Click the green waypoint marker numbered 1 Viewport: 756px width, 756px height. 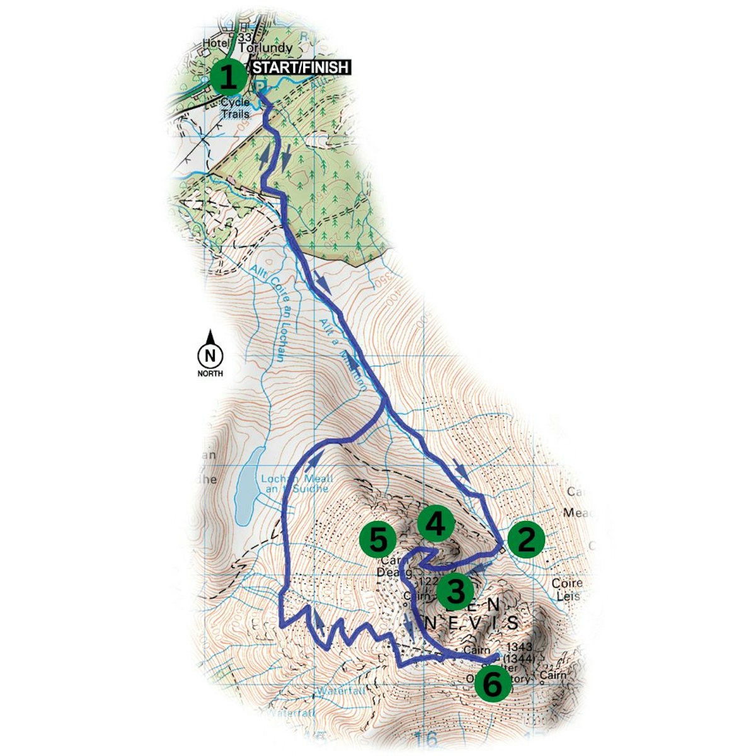tap(228, 79)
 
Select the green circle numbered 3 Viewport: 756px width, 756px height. tap(455, 591)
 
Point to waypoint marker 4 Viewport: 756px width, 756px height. tap(436, 524)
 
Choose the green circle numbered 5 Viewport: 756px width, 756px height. tap(378, 540)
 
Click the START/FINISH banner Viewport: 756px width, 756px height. tap(301, 67)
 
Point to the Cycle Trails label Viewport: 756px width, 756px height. tap(234, 108)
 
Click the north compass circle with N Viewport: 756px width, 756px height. tap(210, 356)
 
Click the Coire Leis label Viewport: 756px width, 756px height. tap(567, 589)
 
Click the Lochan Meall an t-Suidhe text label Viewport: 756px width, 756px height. tap(297, 483)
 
